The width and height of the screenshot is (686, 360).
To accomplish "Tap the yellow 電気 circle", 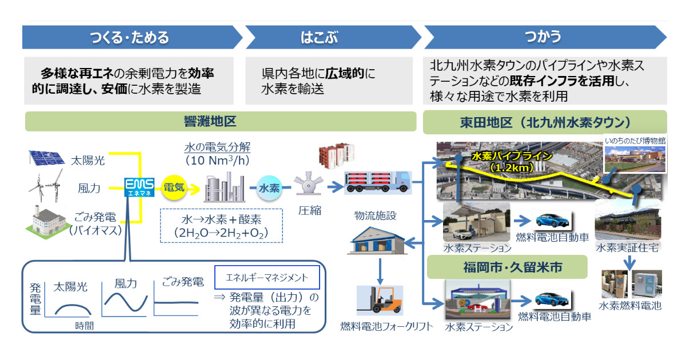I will (174, 187).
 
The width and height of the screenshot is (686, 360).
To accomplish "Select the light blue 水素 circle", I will (269, 188).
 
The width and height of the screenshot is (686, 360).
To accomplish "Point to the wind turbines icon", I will (46, 186).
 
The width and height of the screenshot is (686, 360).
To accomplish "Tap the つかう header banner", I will (543, 38).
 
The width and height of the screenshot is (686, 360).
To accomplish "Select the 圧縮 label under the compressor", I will (309, 211).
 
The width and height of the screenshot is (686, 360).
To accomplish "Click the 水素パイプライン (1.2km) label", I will (511, 161).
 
